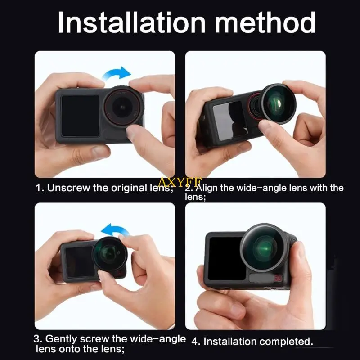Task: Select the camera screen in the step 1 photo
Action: tap(80, 116)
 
